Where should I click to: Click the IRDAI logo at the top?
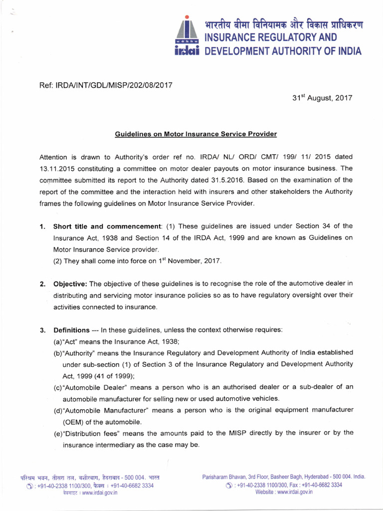click(187, 35)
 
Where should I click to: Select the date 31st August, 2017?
click(322, 98)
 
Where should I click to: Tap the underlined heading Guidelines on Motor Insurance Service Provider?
click(196, 134)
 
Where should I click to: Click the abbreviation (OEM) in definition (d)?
click(74, 421)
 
